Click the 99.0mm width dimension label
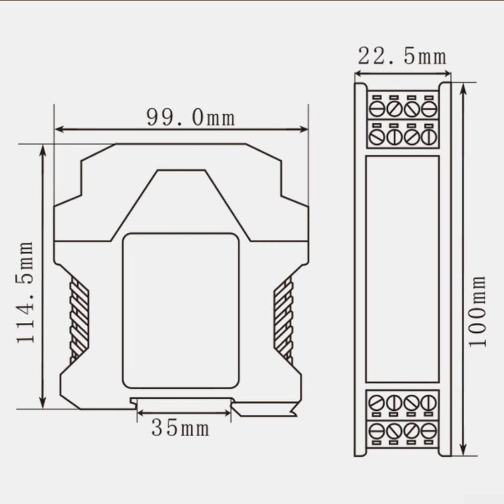[x=191, y=118]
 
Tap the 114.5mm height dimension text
[x=25, y=293]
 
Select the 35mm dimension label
[x=180, y=428]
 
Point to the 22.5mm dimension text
[x=402, y=56]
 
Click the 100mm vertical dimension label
[x=477, y=311]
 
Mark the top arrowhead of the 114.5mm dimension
[x=43, y=150]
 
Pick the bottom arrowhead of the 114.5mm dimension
[x=43, y=403]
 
